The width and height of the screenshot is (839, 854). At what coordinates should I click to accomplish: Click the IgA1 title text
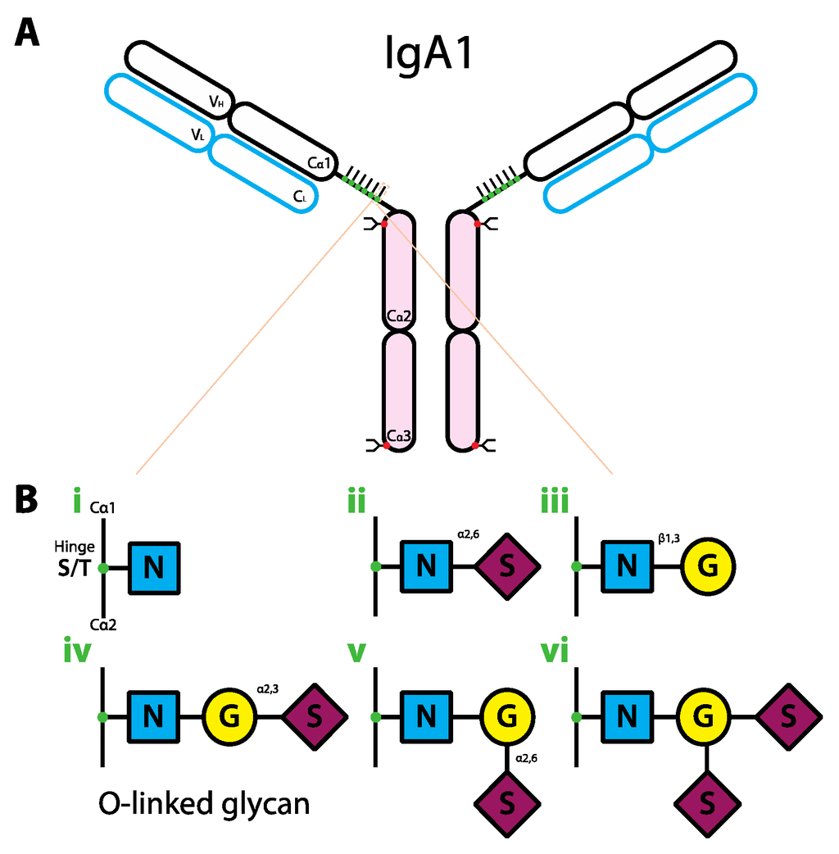(x=429, y=54)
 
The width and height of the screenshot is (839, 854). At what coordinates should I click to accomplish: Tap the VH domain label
(x=216, y=102)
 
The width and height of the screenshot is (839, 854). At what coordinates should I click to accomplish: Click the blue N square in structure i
(x=153, y=566)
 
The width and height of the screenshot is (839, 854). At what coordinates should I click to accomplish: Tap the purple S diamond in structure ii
(x=508, y=566)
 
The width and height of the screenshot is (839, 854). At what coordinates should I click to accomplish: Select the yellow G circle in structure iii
(x=710, y=566)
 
